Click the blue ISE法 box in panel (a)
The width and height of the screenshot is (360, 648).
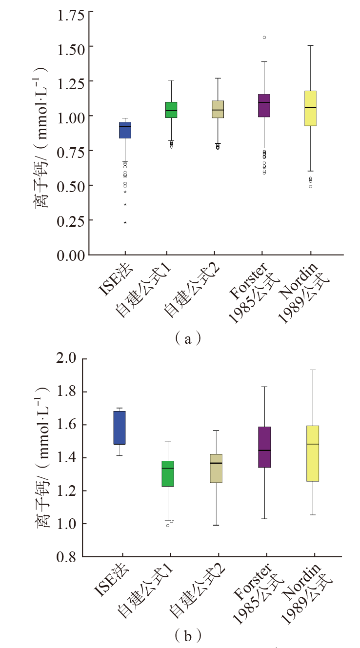[x=125, y=130]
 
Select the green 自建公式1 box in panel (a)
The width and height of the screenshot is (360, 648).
[x=171, y=110]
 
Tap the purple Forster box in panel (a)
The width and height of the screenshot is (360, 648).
[x=264, y=105]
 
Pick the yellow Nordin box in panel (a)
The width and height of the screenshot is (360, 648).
[x=310, y=108]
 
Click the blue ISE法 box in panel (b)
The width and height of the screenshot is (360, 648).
[x=120, y=428]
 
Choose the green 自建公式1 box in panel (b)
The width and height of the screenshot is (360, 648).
[x=168, y=473]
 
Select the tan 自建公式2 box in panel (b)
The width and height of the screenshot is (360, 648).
[x=216, y=468]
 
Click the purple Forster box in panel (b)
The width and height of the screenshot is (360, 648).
[x=264, y=447]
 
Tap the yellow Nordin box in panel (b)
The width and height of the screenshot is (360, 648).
[x=313, y=453]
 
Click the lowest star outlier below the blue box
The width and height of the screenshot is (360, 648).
[x=125, y=222]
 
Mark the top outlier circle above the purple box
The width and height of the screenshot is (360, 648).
[x=264, y=37]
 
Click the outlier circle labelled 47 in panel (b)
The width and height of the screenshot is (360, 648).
[x=168, y=525]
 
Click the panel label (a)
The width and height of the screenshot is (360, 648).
[x=187, y=338]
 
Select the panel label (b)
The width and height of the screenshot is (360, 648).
[x=187, y=635]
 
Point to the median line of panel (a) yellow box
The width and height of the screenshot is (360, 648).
[x=310, y=107]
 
